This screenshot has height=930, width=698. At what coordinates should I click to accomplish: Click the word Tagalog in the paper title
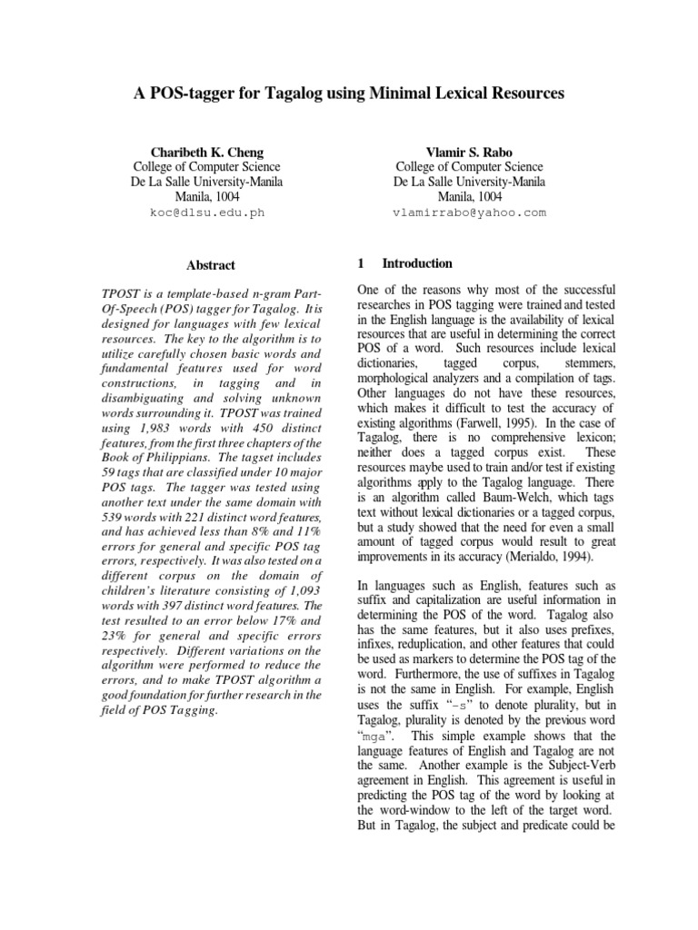(294, 94)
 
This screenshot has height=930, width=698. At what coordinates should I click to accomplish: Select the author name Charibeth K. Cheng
(207, 151)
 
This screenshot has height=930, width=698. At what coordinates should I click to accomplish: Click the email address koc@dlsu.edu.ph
(207, 213)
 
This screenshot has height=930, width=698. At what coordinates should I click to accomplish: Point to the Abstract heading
(211, 265)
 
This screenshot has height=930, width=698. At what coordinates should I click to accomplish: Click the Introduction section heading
(417, 263)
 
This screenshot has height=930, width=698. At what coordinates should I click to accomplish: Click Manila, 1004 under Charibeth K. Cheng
(207, 196)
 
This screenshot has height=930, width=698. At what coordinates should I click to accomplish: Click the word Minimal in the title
(385, 94)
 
